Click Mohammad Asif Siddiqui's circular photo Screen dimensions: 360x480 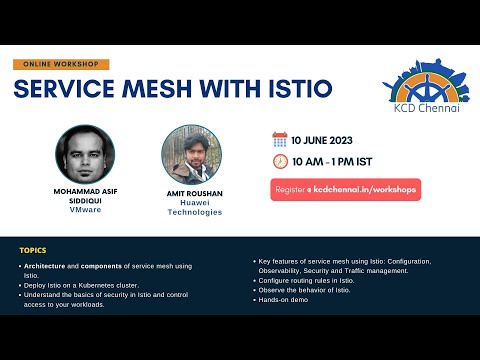pyautogui.click(x=85, y=153)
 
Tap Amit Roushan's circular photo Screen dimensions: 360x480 pyautogui.click(x=192, y=153)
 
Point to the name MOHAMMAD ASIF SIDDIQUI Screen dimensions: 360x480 pyautogui.click(x=85, y=195)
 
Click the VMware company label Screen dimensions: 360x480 pyautogui.click(x=85, y=210)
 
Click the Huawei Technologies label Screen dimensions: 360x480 pyautogui.click(x=193, y=206)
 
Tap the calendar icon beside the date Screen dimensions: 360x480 pyautogui.click(x=280, y=140)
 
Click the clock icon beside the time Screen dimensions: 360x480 pyautogui.click(x=280, y=161)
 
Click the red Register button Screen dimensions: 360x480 pyautogui.click(x=345, y=189)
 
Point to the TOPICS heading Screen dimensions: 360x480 pyautogui.click(x=33, y=250)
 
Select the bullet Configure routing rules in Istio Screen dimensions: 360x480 pyautogui.click(x=305, y=280)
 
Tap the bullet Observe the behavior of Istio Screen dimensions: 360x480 pyautogui.click(x=303, y=289)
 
